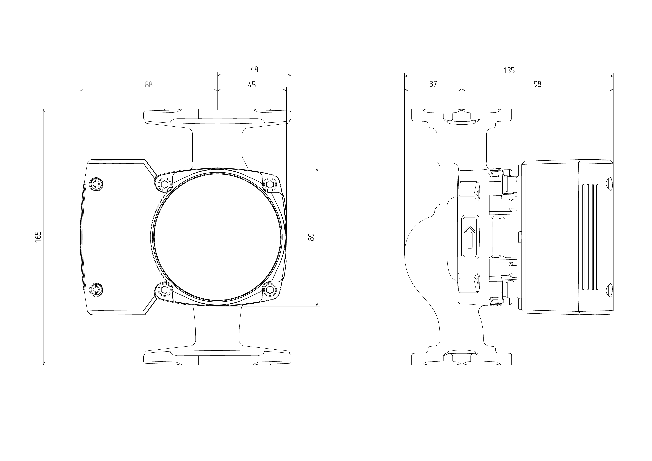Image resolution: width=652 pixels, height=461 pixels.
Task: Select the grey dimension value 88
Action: (x=149, y=85)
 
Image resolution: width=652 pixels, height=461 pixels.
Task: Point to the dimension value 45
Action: (x=252, y=85)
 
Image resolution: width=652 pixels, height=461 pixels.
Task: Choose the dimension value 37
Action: (x=433, y=84)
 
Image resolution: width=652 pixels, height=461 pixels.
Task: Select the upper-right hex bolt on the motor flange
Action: (x=270, y=185)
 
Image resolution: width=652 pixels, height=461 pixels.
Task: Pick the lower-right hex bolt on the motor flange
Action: (x=270, y=290)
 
